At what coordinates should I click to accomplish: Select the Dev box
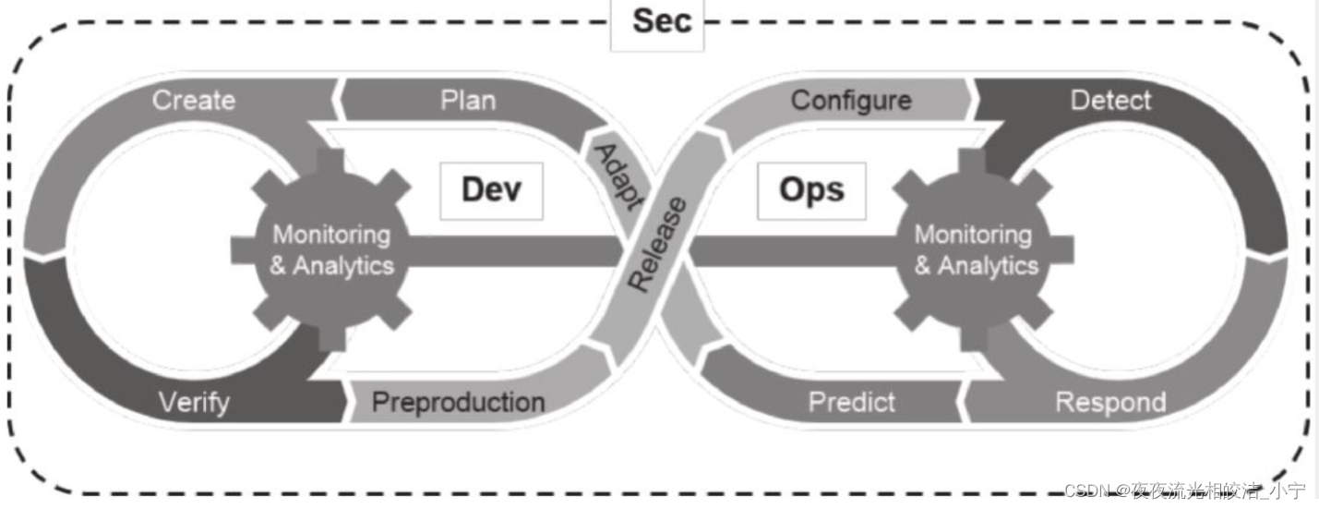click(491, 190)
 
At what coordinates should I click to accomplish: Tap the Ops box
click(811, 190)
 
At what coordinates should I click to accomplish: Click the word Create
click(194, 100)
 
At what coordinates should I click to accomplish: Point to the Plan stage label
click(467, 100)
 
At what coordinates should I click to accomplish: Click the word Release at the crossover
click(658, 244)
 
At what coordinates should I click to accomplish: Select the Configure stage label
click(851, 100)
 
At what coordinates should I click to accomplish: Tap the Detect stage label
click(1110, 100)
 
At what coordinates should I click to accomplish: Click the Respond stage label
click(1110, 403)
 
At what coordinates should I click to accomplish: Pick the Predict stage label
click(851, 403)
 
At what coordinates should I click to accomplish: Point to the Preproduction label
click(458, 403)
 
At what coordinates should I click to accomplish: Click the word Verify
click(194, 403)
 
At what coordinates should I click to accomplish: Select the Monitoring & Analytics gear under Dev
click(331, 250)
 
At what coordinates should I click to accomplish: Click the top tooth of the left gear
click(331, 163)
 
